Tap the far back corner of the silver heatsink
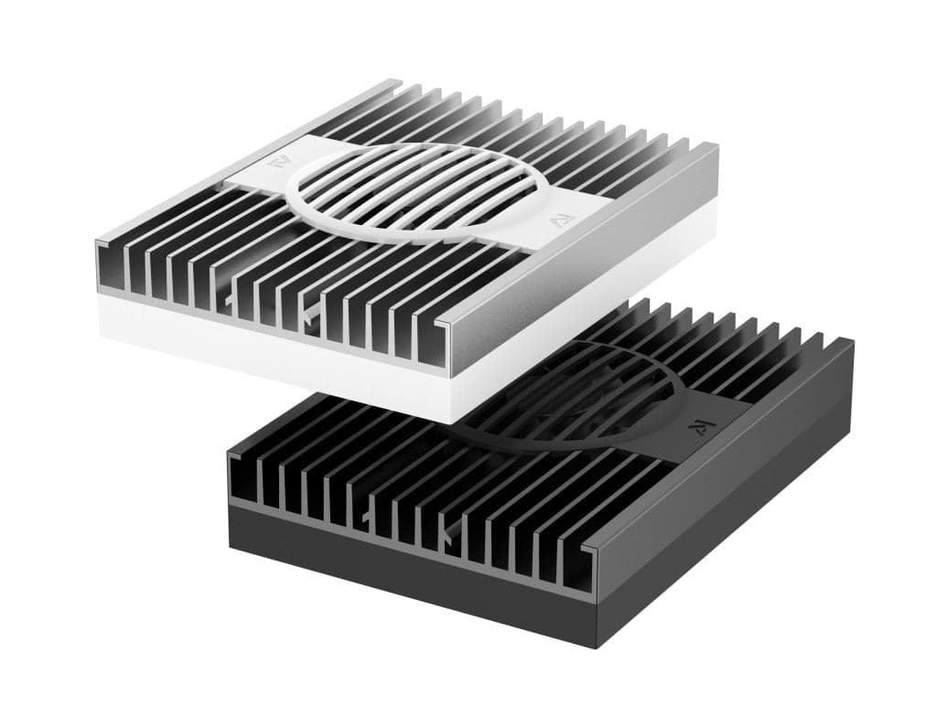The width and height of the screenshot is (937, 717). click(x=400, y=81)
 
